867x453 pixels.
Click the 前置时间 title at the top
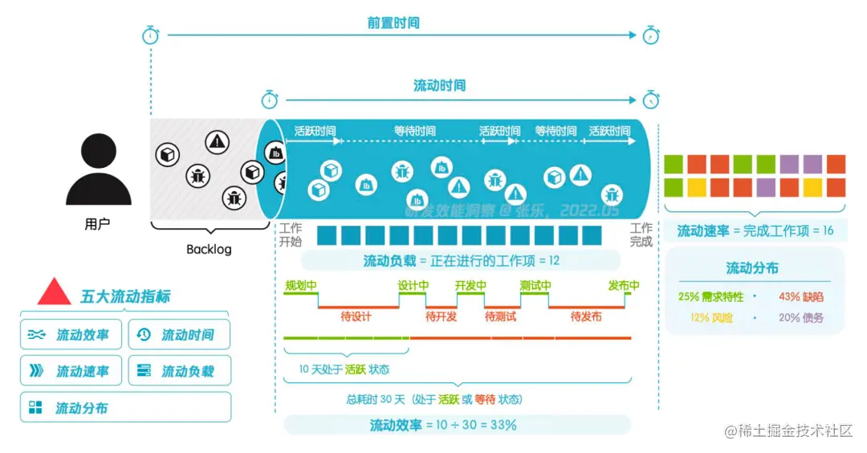(x=393, y=23)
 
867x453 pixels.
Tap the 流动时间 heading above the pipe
(x=439, y=85)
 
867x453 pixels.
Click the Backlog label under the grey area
(x=209, y=249)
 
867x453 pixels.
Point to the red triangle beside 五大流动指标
(x=55, y=292)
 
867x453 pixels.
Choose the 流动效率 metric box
(x=71, y=335)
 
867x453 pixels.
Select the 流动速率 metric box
(x=71, y=371)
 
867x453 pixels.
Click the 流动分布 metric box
(x=124, y=408)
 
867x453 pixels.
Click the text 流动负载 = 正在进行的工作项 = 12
(x=461, y=260)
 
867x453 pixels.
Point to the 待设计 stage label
(x=356, y=316)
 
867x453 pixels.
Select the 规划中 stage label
(x=301, y=286)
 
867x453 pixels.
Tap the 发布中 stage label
(x=624, y=286)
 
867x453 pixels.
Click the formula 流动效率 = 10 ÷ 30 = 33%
(x=442, y=425)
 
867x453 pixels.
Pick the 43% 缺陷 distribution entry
(x=800, y=296)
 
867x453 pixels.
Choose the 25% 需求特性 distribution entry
(x=710, y=296)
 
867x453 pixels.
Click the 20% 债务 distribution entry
(x=800, y=317)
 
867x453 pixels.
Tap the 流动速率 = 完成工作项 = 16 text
(x=755, y=231)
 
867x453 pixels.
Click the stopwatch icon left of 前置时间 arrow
(x=151, y=35)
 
